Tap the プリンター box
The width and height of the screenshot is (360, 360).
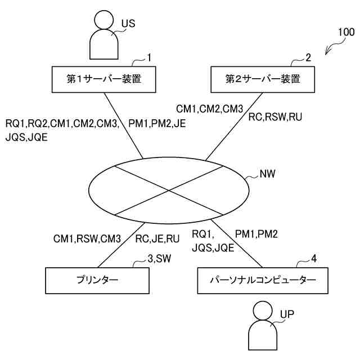click(x=98, y=280)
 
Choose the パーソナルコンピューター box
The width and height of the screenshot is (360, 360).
click(x=263, y=280)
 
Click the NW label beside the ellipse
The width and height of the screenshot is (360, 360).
click(x=267, y=174)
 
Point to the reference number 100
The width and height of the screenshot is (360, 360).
click(x=346, y=32)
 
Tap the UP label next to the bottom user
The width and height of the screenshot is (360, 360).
click(x=287, y=313)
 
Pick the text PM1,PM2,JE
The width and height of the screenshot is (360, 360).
click(x=157, y=123)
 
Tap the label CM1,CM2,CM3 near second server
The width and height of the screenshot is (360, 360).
click(x=210, y=108)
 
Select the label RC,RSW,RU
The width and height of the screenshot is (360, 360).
click(x=276, y=118)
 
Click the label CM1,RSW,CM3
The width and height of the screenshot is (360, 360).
click(x=87, y=238)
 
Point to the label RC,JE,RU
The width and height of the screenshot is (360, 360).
click(x=157, y=238)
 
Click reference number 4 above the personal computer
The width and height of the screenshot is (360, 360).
click(x=314, y=259)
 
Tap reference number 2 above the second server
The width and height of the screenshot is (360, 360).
click(x=308, y=57)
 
